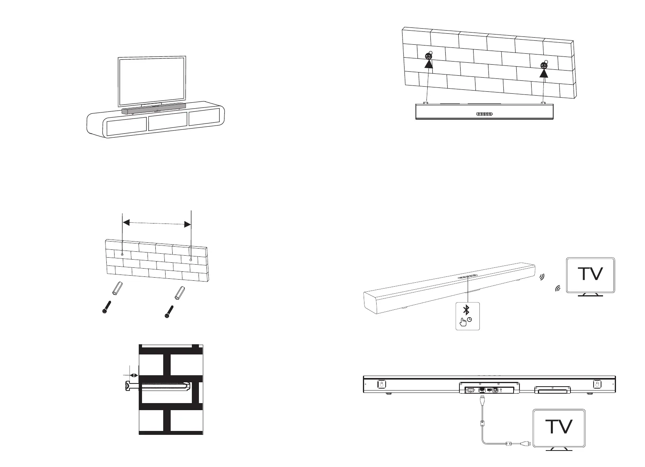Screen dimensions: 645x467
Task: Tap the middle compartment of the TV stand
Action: (168, 123)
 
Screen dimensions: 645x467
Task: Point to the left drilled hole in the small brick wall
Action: (122, 255)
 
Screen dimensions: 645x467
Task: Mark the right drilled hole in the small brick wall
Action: (191, 260)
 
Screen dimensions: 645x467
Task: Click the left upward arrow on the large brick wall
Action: (429, 63)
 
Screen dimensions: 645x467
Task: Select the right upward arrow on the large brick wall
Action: (543, 73)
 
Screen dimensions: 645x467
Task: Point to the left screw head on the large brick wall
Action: (428, 56)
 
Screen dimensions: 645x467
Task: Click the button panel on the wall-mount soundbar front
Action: (484, 114)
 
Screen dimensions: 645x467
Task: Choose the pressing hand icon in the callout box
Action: (464, 322)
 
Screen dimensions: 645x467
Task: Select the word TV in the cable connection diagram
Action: (559, 427)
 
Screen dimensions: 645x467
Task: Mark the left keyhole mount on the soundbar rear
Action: (381, 384)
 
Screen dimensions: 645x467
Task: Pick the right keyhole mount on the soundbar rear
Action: (597, 384)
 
